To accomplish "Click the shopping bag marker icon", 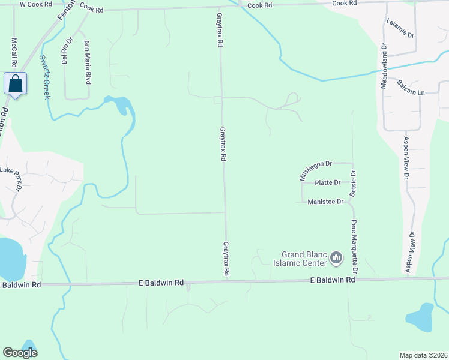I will [x=16, y=83].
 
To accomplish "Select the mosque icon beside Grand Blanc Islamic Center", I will [x=336, y=259].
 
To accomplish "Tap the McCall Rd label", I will [x=14, y=53].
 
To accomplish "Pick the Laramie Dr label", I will [x=400, y=28].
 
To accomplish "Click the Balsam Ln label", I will [x=411, y=88].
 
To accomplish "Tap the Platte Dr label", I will [x=328, y=182].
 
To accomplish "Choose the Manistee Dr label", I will [x=325, y=202].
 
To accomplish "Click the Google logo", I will [x=20, y=353].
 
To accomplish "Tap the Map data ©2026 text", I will [x=424, y=355].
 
